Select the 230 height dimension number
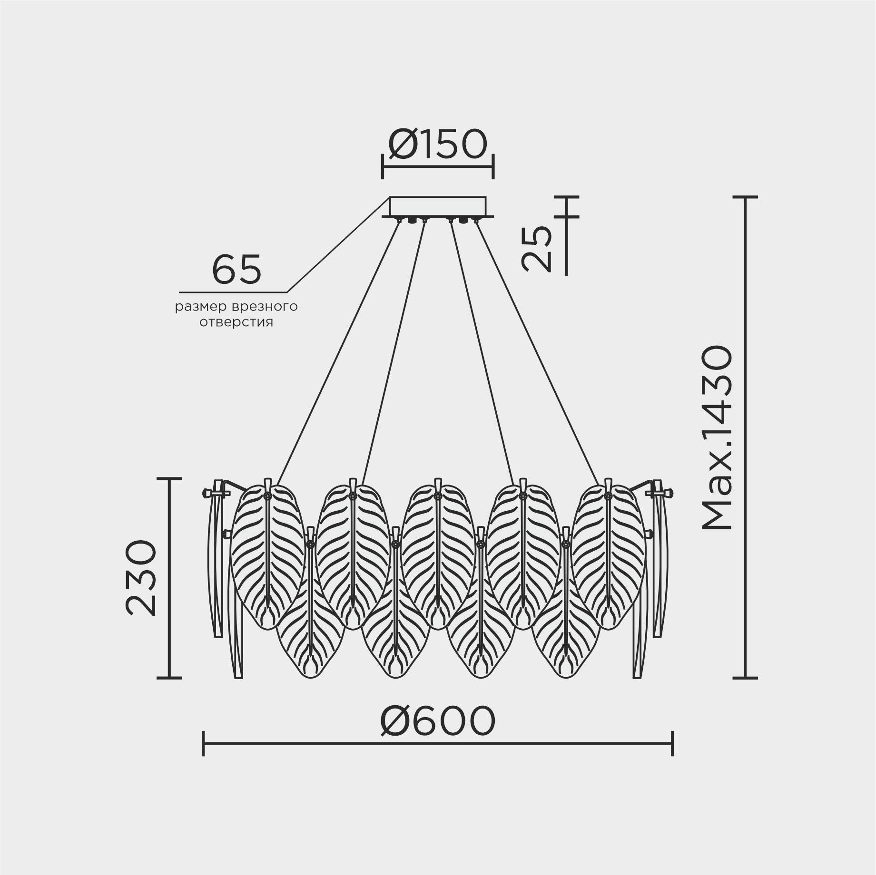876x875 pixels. pos(141,578)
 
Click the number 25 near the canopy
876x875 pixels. pos(537,248)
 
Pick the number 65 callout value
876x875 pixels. pos(236,269)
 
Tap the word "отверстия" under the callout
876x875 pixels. pos(236,322)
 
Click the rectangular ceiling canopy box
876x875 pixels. pos(438,206)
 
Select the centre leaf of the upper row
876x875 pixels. pos(437,555)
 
